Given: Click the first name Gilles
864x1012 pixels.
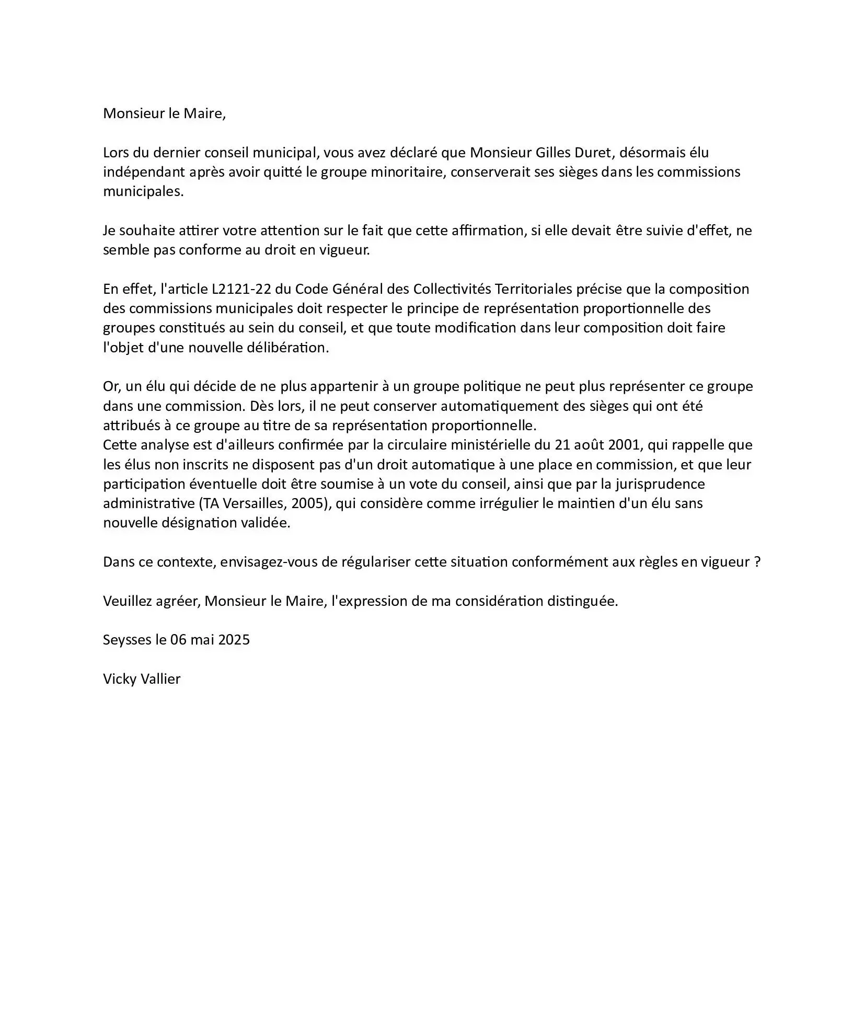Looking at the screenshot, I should [557, 153].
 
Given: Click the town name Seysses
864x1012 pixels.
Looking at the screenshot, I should [127, 640].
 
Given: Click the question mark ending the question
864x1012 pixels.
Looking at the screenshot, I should [757, 562].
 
